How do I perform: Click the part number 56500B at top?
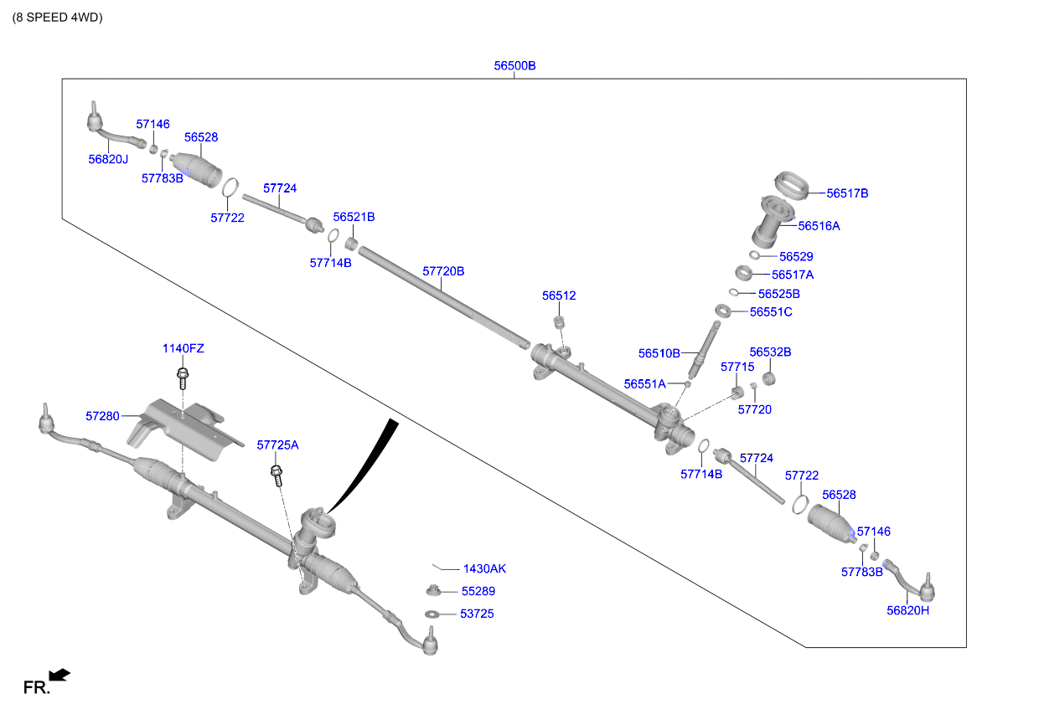(x=514, y=65)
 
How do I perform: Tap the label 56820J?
(x=109, y=158)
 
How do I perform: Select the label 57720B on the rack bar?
(x=443, y=271)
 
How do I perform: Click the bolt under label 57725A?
(x=277, y=475)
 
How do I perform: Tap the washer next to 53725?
(x=432, y=614)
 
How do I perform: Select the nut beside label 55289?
(x=432, y=591)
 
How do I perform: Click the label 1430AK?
(x=484, y=568)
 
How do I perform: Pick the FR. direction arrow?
(x=59, y=675)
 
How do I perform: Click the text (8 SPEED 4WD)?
(x=57, y=17)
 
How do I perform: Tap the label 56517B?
(x=847, y=193)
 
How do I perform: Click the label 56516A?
(x=819, y=226)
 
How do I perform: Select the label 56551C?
(x=771, y=312)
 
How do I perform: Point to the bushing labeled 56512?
(x=560, y=322)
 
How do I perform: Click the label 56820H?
(x=908, y=610)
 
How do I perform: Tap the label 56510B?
(x=659, y=353)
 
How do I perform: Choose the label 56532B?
(x=770, y=352)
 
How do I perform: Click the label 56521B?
(x=354, y=217)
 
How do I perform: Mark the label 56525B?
(x=779, y=294)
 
